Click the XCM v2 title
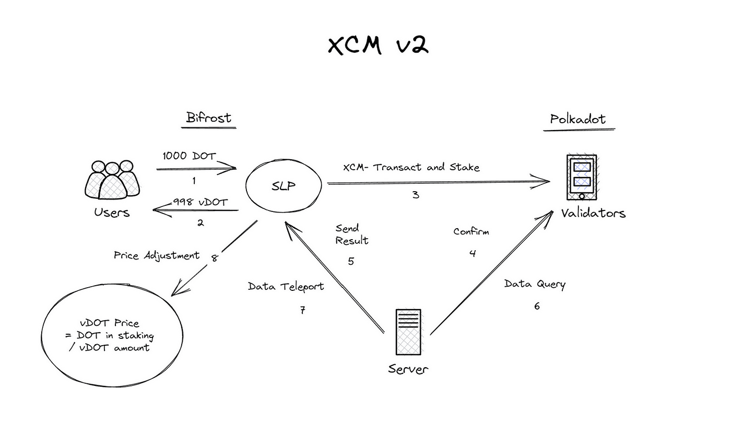378,45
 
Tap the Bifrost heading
208,118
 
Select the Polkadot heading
577,120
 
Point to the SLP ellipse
284,185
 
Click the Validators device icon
582,177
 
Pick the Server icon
408,332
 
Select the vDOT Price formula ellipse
113,335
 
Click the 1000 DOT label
189,156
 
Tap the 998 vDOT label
201,202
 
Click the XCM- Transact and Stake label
411,167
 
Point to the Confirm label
471,231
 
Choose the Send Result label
351,234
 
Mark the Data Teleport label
286,287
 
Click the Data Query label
535,284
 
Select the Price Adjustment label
157,255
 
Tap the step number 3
416,195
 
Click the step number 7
302,310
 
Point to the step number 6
537,306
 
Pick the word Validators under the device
593,213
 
